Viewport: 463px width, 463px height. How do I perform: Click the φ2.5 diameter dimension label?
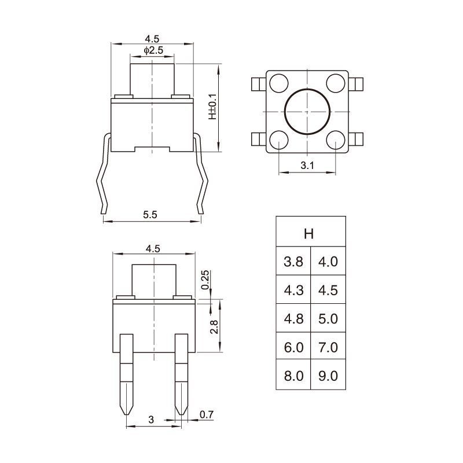[153, 50]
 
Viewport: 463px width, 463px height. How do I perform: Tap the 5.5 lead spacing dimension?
[150, 215]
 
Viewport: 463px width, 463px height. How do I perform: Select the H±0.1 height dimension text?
[212, 107]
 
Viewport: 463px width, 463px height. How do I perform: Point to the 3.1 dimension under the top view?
[307, 166]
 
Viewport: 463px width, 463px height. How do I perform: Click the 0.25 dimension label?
[205, 280]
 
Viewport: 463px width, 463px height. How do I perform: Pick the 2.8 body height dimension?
[214, 327]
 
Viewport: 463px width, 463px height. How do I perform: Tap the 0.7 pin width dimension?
[207, 414]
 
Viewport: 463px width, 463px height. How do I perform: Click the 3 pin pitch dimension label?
[151, 420]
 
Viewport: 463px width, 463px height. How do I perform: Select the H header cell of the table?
[311, 231]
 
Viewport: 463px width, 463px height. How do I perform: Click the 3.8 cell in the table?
[293, 261]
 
